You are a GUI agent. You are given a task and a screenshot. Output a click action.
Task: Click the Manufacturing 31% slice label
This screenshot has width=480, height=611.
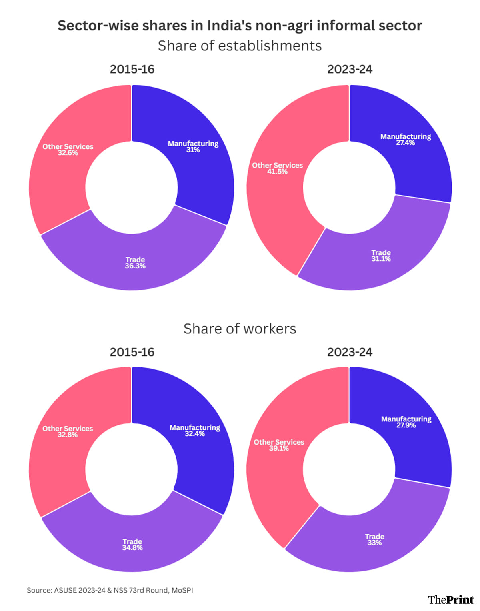tap(193, 146)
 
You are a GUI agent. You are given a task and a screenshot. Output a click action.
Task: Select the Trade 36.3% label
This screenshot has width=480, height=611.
tap(135, 263)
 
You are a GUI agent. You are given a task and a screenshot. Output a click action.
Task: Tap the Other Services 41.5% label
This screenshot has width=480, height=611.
tap(277, 168)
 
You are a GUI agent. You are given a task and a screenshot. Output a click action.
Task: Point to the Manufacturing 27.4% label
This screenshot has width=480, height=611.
tap(406, 139)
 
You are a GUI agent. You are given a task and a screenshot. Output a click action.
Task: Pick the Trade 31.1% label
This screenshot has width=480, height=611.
tap(381, 256)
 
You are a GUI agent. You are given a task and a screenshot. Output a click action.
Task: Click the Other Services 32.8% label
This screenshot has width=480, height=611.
tap(68, 431)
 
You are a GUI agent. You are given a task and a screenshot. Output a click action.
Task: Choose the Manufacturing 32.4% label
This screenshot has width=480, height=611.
tap(195, 431)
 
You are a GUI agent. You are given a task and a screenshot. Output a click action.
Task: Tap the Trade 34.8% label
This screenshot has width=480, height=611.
tap(132, 545)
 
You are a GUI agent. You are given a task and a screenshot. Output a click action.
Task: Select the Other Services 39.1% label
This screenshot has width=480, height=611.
tap(279, 445)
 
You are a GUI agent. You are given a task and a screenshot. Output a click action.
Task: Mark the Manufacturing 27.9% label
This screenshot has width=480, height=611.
tap(406, 422)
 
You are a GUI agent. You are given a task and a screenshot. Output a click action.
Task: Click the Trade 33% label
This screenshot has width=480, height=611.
tap(374, 539)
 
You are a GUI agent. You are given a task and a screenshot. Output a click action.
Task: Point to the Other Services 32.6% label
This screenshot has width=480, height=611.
tap(68, 150)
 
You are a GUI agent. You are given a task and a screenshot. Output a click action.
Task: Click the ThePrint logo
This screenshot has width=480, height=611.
tap(450, 599)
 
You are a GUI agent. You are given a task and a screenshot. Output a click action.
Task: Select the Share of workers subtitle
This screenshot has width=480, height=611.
tap(240, 329)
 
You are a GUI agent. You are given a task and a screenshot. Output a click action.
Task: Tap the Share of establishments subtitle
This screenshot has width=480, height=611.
tap(240, 46)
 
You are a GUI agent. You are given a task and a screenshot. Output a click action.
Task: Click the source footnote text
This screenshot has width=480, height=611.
tap(110, 590)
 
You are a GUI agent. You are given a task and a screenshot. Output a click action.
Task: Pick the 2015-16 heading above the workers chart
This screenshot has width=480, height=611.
tap(132, 352)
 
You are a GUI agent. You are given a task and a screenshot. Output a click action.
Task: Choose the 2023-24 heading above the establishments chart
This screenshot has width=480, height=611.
tap(350, 69)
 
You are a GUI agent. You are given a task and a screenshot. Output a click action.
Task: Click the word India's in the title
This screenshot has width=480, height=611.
tap(229, 26)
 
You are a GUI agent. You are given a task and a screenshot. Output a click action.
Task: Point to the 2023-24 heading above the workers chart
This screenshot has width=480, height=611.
tap(350, 352)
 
